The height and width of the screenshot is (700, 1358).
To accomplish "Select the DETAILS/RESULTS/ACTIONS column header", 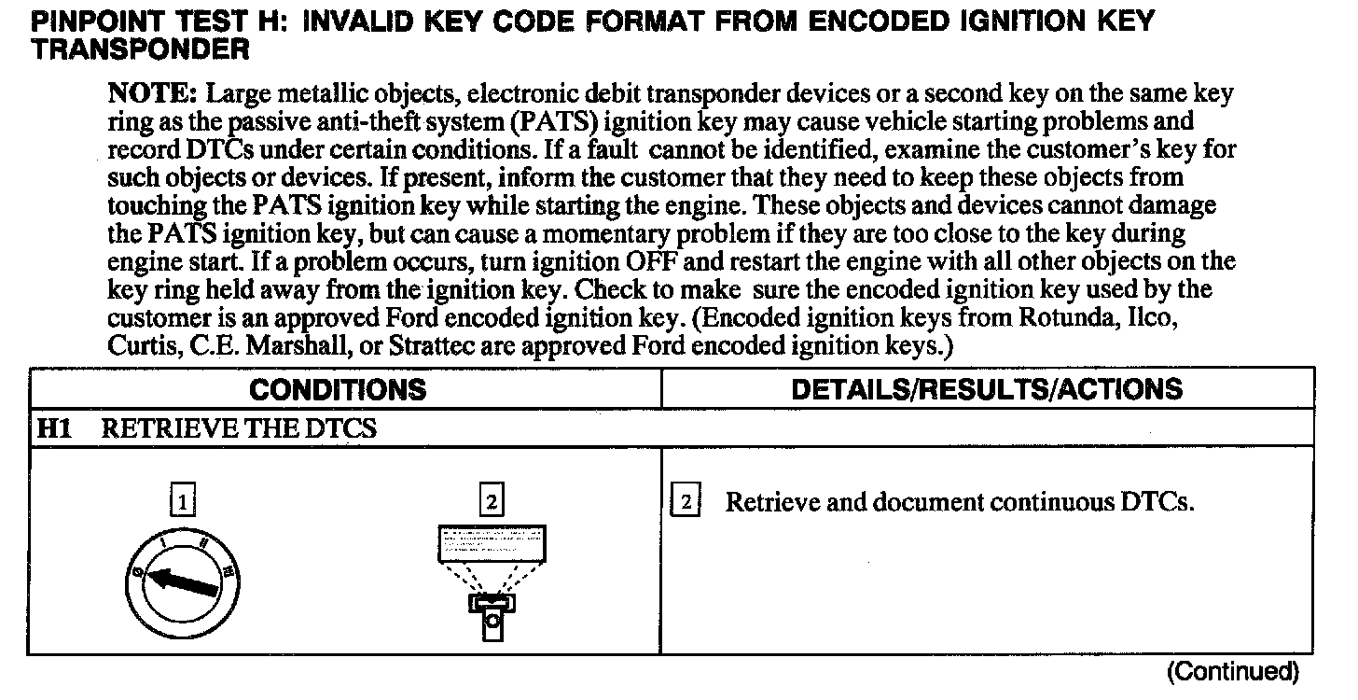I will [x=987, y=389].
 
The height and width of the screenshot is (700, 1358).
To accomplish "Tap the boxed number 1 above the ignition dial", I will [x=183, y=502].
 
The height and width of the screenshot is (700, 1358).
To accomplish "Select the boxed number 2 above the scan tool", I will [x=491, y=502].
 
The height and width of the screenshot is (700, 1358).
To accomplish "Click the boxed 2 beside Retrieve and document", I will [x=686, y=502].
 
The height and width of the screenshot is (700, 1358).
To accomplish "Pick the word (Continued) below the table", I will [x=1233, y=670].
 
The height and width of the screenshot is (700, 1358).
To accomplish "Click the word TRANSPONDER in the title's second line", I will [x=141, y=50].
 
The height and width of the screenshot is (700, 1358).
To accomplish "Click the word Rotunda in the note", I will [x=1058, y=317].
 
